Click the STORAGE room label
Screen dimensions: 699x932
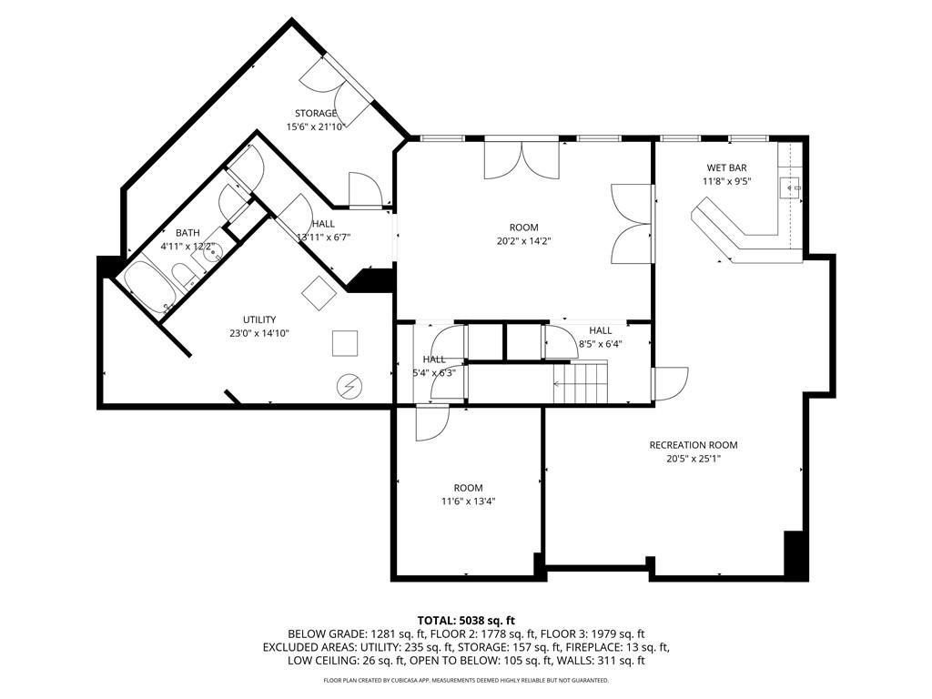tap(315, 114)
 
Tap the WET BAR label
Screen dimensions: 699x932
tap(726, 168)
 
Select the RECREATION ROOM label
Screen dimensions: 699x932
tap(693, 445)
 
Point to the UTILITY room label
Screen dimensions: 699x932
tap(258, 319)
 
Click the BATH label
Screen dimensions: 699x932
tap(187, 233)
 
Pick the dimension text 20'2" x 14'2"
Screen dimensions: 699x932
tap(524, 241)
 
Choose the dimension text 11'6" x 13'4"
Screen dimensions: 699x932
tap(469, 501)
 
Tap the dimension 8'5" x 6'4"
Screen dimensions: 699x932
tap(600, 344)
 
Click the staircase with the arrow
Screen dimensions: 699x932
tap(581, 380)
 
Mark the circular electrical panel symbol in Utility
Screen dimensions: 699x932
tap(347, 386)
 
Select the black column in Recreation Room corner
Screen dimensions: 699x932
tap(795, 552)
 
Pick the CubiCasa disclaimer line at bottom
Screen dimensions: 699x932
tap(466, 680)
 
